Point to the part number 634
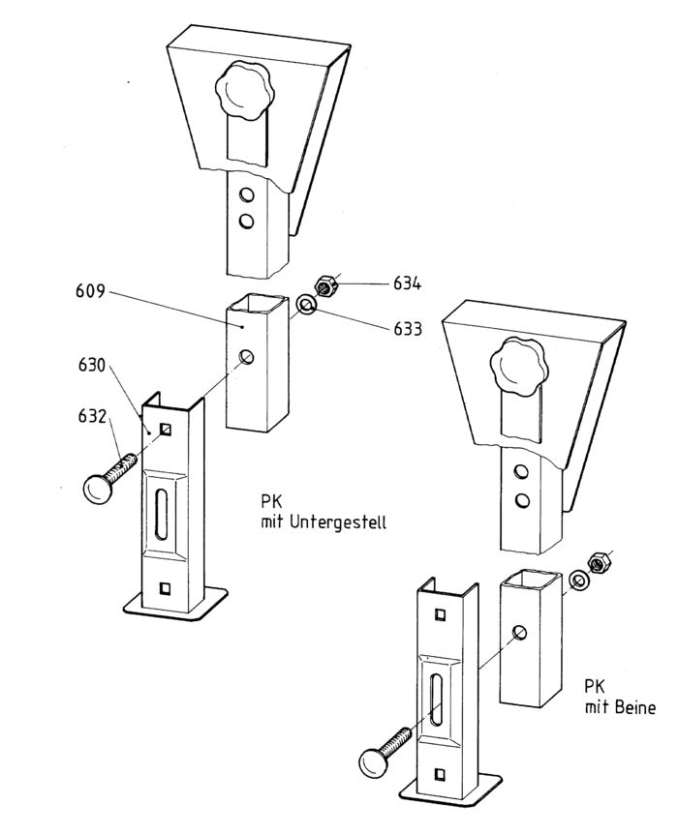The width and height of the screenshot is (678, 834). pyautogui.click(x=407, y=283)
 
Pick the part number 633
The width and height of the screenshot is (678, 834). pyautogui.click(x=407, y=329)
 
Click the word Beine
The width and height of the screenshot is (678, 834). pyautogui.click(x=634, y=707)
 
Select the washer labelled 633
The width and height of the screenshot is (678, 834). pyautogui.click(x=306, y=307)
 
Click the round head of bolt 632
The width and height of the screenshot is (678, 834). pyautogui.click(x=100, y=490)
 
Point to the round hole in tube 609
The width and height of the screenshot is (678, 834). pyautogui.click(x=248, y=358)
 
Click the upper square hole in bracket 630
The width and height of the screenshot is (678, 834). pyautogui.click(x=168, y=430)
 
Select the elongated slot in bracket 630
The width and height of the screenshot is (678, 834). pyautogui.click(x=161, y=515)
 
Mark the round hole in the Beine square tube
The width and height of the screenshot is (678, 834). pyautogui.click(x=520, y=633)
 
